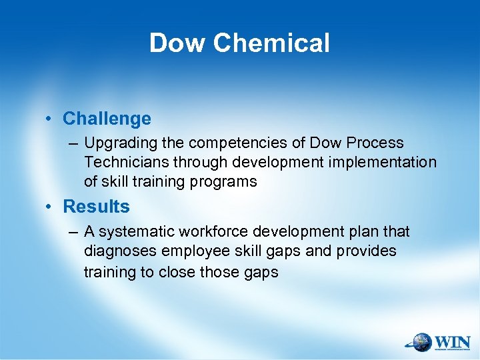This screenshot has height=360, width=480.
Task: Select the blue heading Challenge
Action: coord(107,119)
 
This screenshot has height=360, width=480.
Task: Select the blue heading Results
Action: coord(96,207)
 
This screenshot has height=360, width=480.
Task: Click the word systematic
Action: coord(133,232)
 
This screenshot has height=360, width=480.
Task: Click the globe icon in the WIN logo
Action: coord(421,342)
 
